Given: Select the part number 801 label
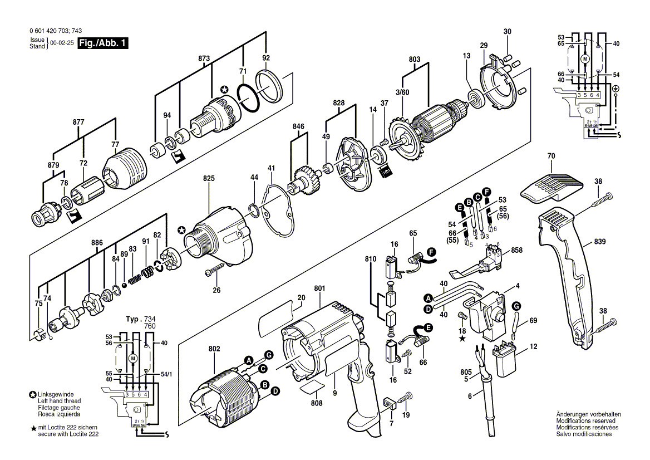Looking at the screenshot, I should pos(319,288).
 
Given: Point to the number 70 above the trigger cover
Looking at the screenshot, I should pos(551,157).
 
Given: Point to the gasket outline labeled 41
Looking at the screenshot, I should pos(281,206).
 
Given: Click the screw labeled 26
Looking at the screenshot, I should pos(214,271).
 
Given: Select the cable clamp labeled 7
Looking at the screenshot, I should pos(390,402).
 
